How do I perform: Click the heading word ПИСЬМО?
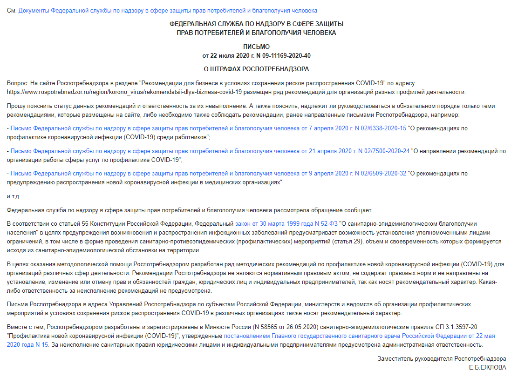(256, 47)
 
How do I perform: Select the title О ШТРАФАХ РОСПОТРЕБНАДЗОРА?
(256, 69)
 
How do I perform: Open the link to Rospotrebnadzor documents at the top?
(168, 10)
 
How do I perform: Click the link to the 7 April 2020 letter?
(208, 128)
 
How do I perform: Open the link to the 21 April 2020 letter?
(210, 151)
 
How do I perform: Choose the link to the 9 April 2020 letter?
(208, 173)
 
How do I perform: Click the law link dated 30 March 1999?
(287, 224)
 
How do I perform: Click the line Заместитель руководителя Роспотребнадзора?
(442, 359)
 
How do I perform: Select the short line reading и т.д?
(14, 196)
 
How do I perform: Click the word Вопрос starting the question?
(17, 83)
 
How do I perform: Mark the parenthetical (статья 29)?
(346, 242)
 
